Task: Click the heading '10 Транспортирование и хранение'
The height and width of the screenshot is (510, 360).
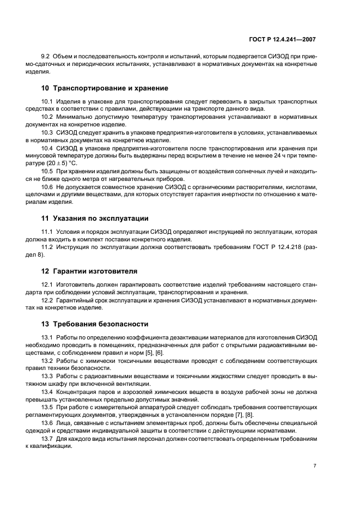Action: [105, 88]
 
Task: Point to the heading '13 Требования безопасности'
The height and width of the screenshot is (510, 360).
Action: [95, 324]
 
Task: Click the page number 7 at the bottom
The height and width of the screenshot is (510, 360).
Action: [315, 466]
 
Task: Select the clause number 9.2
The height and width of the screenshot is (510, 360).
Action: [46, 57]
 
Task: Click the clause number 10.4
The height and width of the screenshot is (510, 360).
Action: [48, 148]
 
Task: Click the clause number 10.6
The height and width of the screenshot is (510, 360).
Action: [48, 187]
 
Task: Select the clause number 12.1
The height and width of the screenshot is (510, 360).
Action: [48, 284]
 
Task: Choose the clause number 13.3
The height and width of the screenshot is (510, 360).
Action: [48, 376]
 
